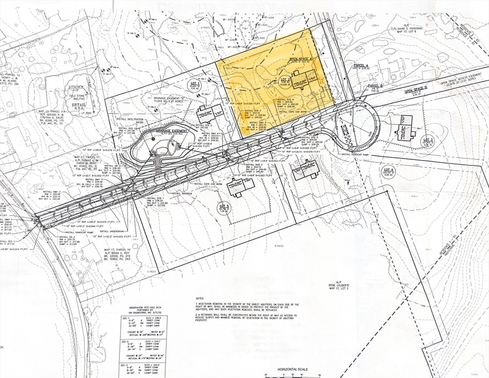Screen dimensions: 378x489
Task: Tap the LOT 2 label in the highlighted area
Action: pyautogui.click(x=285, y=80)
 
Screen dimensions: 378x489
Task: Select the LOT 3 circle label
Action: pyautogui.click(x=428, y=142)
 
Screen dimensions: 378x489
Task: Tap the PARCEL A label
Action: pyautogui.click(x=361, y=65)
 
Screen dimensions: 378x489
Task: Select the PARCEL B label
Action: pyautogui.click(x=375, y=86)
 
